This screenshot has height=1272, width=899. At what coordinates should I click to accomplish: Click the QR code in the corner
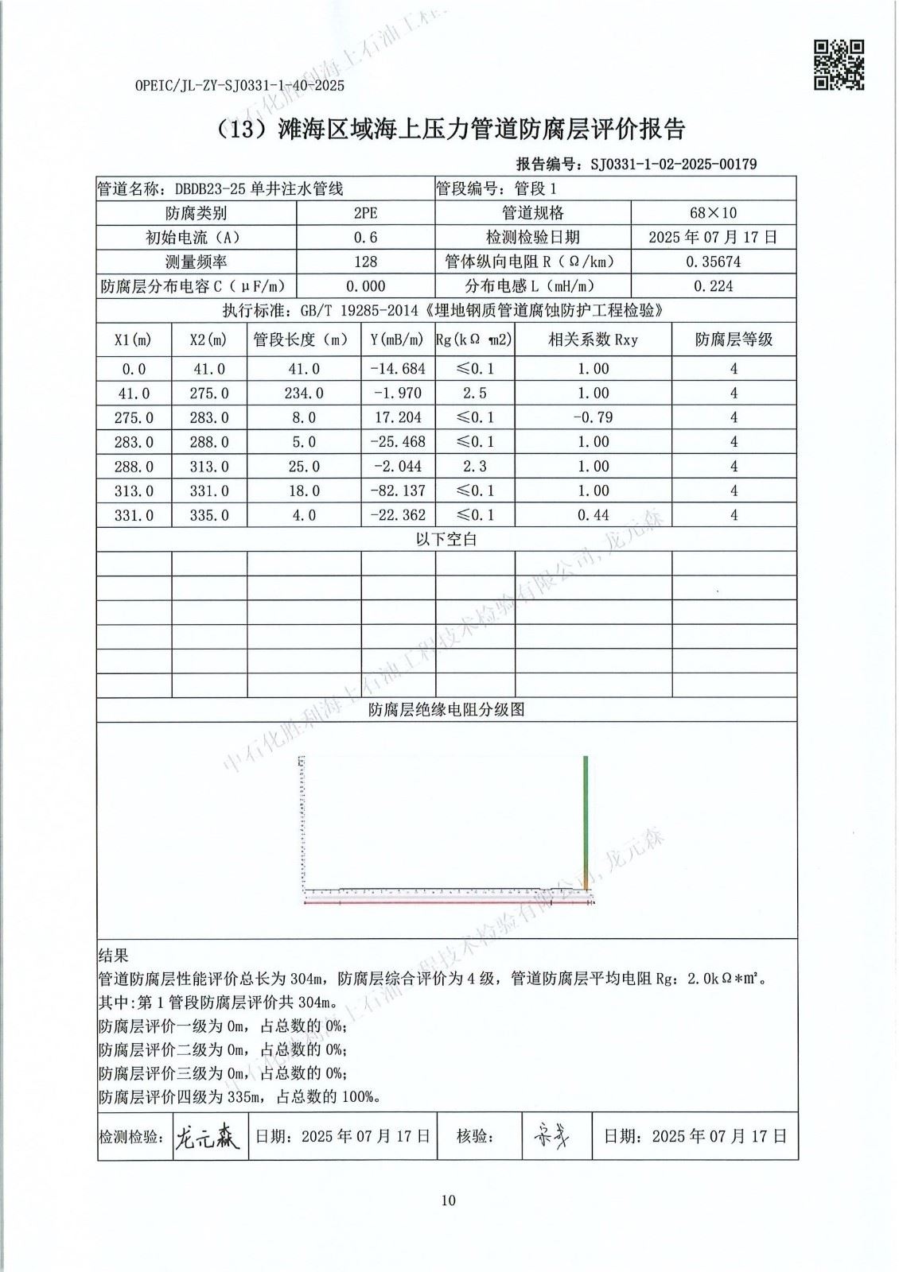pos(839,65)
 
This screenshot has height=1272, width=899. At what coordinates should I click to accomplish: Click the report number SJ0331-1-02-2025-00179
pos(673,165)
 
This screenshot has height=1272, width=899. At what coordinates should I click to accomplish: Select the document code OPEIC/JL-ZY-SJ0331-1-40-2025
pos(239,85)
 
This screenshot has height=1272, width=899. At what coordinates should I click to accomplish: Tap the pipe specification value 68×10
pos(713,213)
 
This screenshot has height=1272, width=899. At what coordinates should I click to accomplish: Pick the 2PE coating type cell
pos(365,213)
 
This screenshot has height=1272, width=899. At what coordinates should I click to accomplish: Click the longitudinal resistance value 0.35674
pos(713,262)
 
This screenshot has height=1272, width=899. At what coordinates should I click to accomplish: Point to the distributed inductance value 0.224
pos(713,286)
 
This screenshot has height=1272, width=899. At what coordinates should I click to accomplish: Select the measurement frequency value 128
pos(365,262)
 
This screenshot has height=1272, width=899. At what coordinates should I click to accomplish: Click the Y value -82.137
pos(398,491)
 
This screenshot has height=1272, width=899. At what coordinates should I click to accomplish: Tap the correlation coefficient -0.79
pos(593,417)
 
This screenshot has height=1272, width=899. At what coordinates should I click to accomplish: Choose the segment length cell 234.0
pos(304,393)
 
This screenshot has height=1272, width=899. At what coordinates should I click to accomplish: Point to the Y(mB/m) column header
pos(398,340)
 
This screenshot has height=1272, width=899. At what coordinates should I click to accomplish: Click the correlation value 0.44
pos(593,515)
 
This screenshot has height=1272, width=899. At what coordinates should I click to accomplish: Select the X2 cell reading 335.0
pos(209,515)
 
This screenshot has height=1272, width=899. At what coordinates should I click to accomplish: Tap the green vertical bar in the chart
pos(586,811)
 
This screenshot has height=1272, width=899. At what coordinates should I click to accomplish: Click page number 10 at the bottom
pos(449,1200)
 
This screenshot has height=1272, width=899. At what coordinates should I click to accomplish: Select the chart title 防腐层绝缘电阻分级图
pos(446,710)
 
